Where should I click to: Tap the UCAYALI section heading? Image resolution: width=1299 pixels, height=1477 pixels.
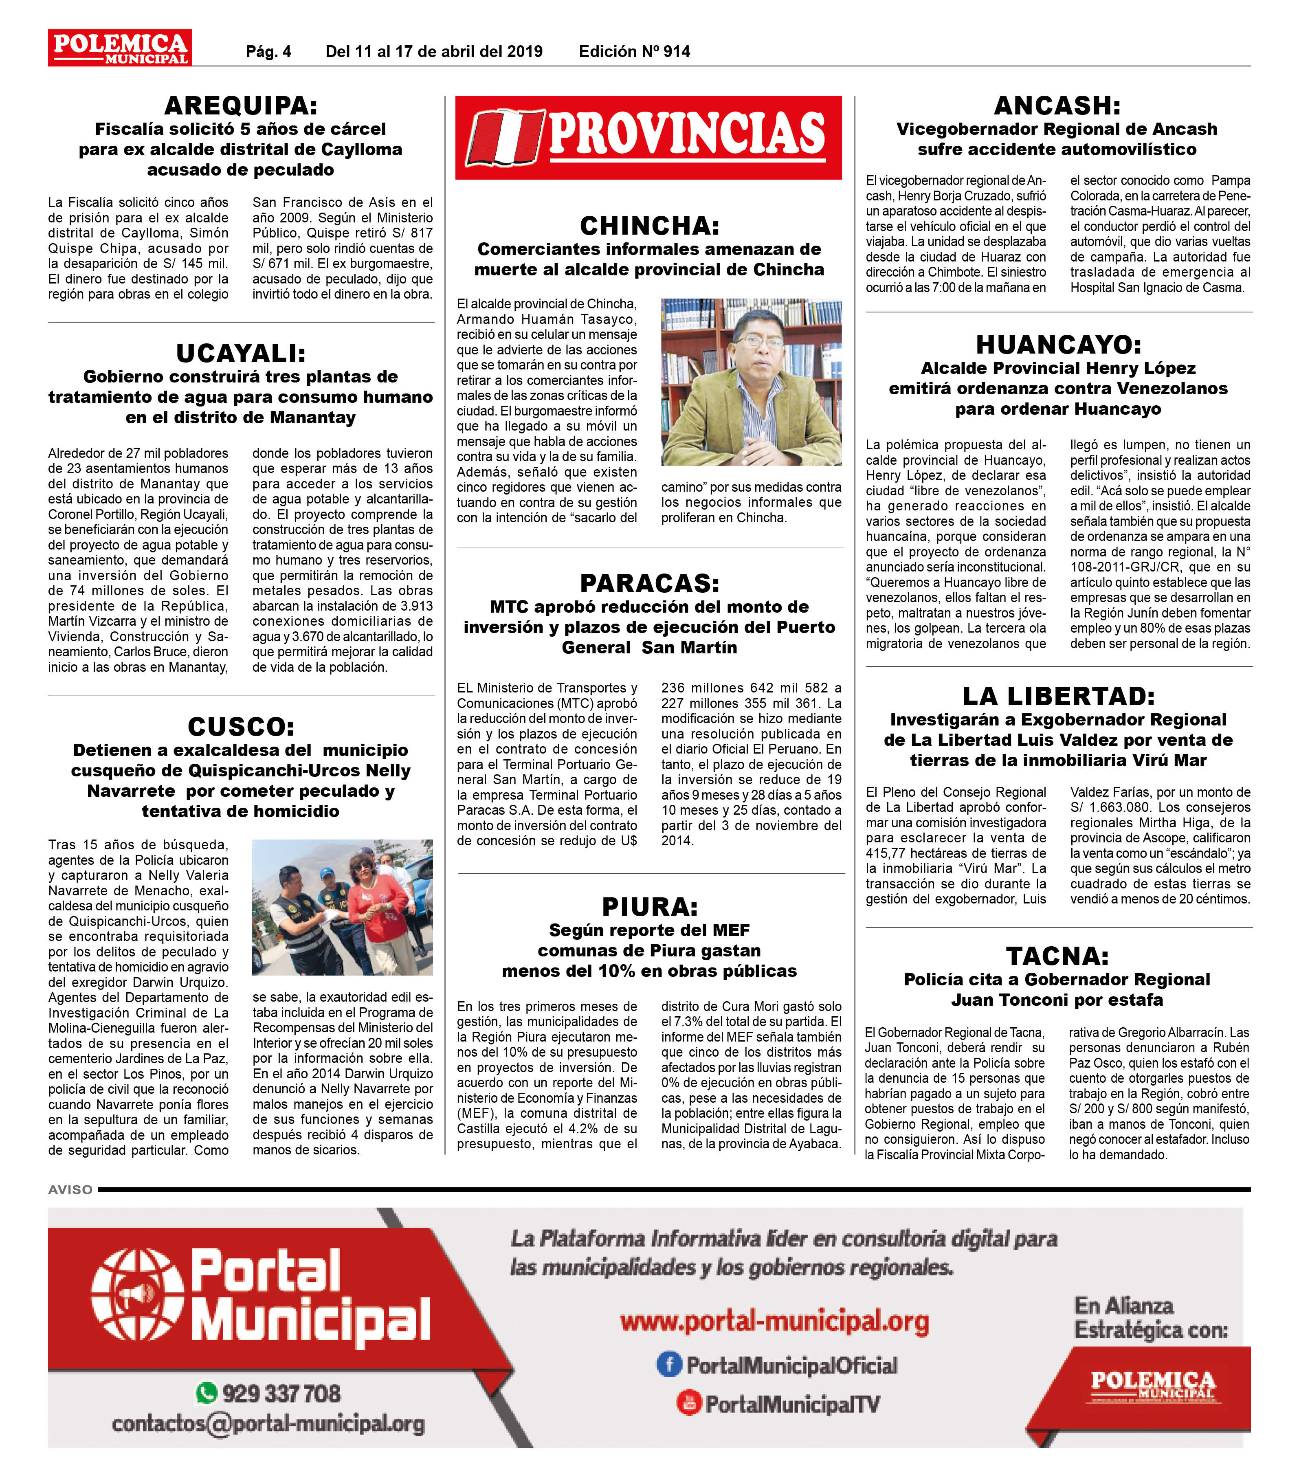click(x=241, y=353)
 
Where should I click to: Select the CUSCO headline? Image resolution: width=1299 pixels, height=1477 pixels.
click(x=241, y=726)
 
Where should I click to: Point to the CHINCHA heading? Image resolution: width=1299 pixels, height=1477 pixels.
click(x=649, y=226)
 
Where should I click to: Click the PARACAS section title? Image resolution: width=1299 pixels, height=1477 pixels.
click(x=649, y=583)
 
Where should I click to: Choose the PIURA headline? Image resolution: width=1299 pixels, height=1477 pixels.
click(x=649, y=906)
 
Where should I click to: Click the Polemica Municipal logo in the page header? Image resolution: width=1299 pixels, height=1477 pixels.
click(x=120, y=48)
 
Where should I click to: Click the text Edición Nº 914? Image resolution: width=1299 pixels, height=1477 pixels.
click(x=634, y=51)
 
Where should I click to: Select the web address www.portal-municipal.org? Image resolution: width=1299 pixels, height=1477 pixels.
click(x=774, y=1322)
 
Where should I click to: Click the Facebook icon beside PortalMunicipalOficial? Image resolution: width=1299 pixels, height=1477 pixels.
click(x=669, y=1364)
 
